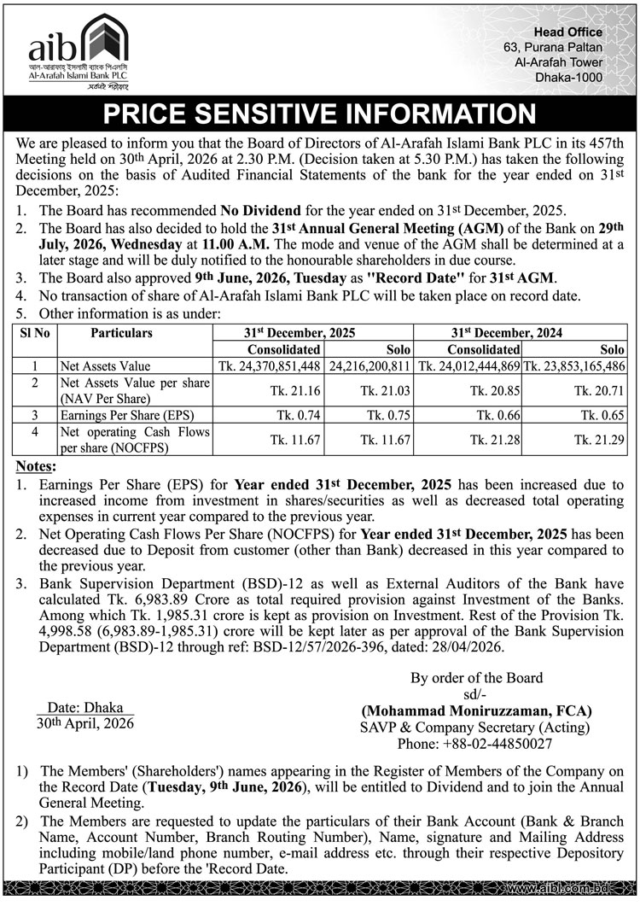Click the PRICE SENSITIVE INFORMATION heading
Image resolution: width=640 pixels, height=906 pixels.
coord(319,114)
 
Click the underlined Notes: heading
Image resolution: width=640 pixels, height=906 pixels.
coord(38,467)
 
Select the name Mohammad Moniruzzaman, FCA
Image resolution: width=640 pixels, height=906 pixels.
coord(476,710)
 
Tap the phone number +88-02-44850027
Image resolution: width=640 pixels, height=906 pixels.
coord(499,745)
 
